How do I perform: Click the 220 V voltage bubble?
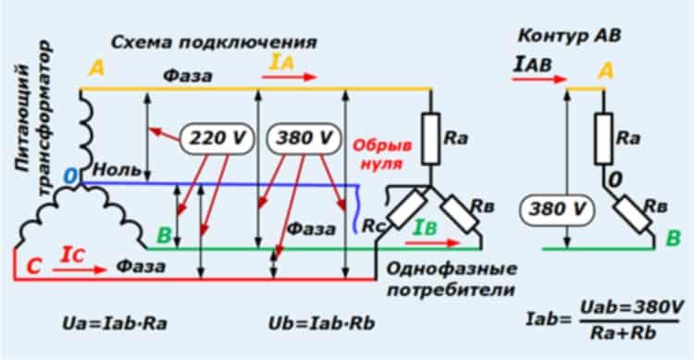(x=217, y=139)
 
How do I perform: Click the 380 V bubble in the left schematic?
(x=304, y=139)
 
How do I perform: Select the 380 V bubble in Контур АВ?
(x=557, y=209)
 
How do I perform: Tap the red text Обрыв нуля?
(x=382, y=155)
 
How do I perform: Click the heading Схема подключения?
(x=214, y=43)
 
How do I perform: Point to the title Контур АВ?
(x=569, y=36)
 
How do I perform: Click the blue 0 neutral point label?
(x=71, y=176)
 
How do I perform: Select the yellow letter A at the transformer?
(x=97, y=68)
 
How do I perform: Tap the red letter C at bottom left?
(x=34, y=267)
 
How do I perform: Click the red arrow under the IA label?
(x=290, y=77)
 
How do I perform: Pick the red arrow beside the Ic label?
(x=80, y=269)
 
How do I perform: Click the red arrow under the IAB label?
(x=539, y=80)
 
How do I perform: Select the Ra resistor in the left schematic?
(x=430, y=139)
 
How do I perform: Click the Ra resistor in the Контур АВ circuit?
(x=603, y=139)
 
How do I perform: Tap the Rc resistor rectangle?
(x=407, y=208)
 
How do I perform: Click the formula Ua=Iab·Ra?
(x=115, y=323)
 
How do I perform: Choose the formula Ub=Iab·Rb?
(x=322, y=323)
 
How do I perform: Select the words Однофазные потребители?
(x=452, y=279)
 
